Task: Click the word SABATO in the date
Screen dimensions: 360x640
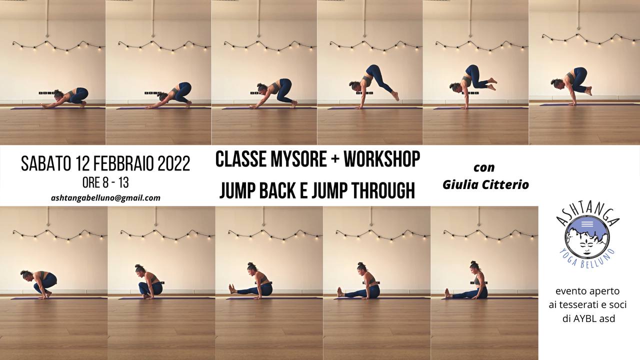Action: pos(46,163)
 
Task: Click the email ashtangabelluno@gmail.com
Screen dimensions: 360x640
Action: pos(105,197)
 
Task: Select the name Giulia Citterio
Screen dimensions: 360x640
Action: pos(485,184)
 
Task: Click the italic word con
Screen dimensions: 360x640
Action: pos(484,167)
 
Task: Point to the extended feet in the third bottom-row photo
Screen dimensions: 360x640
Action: pos(231,289)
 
